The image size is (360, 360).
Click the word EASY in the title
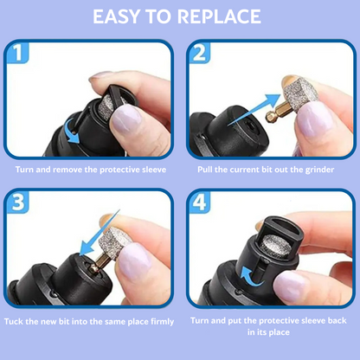(123, 16)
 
